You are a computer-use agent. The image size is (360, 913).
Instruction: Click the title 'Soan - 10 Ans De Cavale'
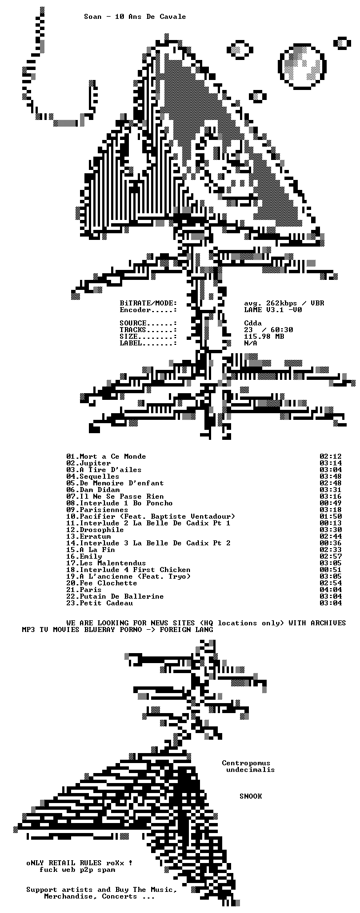[x=135, y=17]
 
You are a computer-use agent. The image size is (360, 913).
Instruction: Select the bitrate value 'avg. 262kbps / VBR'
[x=284, y=303]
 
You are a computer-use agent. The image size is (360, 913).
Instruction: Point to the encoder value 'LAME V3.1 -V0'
[x=273, y=310]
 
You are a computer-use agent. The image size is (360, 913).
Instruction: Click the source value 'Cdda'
[x=253, y=323]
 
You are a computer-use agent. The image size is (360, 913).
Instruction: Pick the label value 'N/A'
[x=251, y=343]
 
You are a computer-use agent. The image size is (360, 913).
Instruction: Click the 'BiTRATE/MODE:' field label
[x=148, y=303]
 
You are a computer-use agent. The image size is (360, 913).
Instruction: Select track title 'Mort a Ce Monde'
[x=113, y=456]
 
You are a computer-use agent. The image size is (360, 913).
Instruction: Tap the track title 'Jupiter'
[x=95, y=463]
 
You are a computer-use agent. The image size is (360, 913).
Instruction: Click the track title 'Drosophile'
[x=102, y=530]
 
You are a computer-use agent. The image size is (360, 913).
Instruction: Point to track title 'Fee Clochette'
[x=108, y=583]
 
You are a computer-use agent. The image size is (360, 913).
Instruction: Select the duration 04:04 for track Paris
[x=331, y=590]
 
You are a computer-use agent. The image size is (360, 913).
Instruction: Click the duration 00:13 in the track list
[x=331, y=523]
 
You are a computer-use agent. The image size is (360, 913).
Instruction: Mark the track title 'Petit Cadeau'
[x=106, y=603]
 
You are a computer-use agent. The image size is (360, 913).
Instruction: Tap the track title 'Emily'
[x=91, y=556]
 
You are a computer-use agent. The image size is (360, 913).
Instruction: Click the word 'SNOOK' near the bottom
[x=251, y=796]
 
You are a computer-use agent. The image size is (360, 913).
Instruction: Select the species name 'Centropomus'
[x=246, y=763]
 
